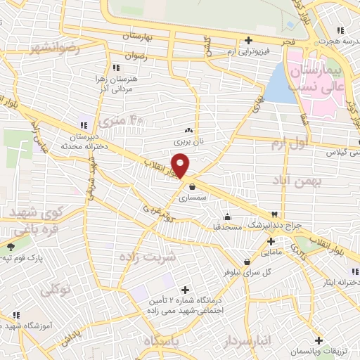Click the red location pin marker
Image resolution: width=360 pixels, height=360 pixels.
(x=181, y=165)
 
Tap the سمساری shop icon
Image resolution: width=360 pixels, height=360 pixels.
(x=192, y=186)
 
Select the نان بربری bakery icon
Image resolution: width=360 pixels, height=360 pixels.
(x=188, y=130)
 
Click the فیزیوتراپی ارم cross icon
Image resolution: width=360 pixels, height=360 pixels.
(x=248, y=40)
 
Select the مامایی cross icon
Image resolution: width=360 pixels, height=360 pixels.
(x=271, y=241)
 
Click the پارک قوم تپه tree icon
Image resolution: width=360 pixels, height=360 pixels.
(x=11, y=246)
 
